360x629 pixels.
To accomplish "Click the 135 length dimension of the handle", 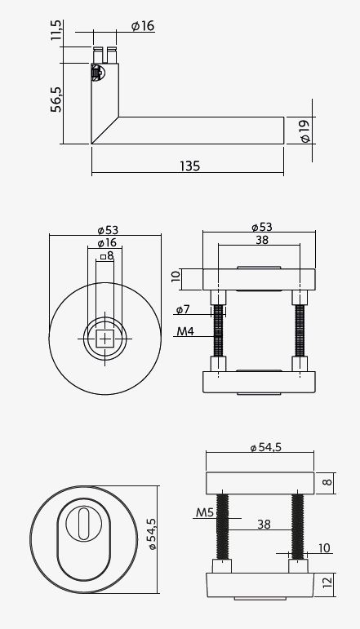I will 189,166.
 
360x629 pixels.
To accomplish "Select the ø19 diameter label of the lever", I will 304,130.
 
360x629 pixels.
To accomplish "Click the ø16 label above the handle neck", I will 143,26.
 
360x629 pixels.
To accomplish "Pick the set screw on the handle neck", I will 96,73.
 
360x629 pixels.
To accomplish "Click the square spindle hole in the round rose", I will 106,336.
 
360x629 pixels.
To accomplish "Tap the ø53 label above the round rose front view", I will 106,229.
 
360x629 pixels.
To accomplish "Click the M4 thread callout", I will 185,332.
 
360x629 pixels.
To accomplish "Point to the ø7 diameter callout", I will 183,310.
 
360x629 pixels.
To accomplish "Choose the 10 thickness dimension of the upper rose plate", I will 176,277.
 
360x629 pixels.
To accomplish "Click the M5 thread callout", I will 205,514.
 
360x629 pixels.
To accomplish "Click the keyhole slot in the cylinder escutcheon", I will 85,523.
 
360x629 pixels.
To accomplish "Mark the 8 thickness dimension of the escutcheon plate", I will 328,482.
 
